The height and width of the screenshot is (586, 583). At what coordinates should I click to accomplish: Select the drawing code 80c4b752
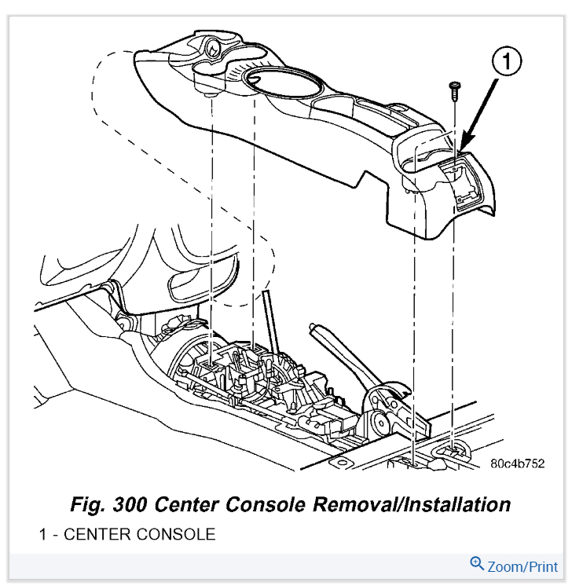517,465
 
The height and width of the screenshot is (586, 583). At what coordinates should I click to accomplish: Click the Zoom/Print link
522,566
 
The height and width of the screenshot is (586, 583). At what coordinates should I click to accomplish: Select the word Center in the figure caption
194,504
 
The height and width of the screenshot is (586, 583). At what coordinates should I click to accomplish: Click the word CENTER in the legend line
93,535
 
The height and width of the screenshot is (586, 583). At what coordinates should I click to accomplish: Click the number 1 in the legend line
42,535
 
